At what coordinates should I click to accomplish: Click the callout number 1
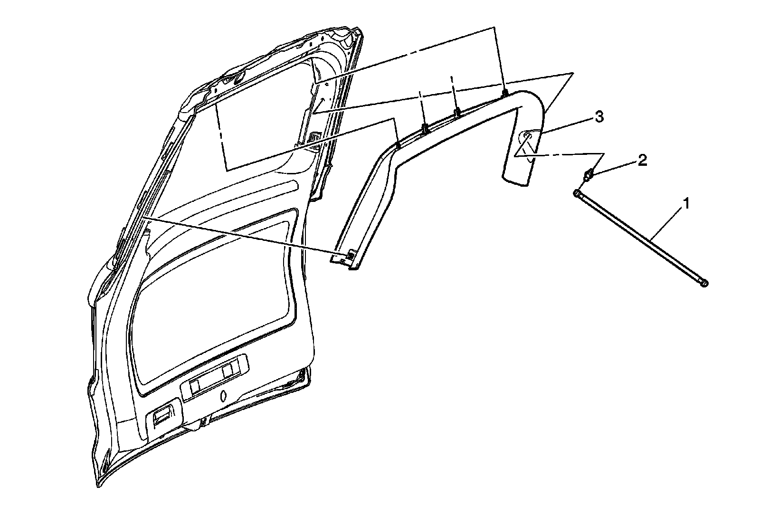(685, 205)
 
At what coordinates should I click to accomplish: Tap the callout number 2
(642, 161)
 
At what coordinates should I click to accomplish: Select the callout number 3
(599, 117)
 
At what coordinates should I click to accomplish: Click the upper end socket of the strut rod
(578, 193)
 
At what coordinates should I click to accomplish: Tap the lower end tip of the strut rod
(704, 283)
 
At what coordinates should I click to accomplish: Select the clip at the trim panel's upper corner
(505, 93)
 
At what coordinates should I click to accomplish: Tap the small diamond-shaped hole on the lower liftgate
(223, 395)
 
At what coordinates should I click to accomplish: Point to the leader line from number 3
(568, 126)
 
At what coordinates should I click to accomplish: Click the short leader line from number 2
(617, 168)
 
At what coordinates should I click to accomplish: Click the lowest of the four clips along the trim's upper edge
(398, 143)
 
